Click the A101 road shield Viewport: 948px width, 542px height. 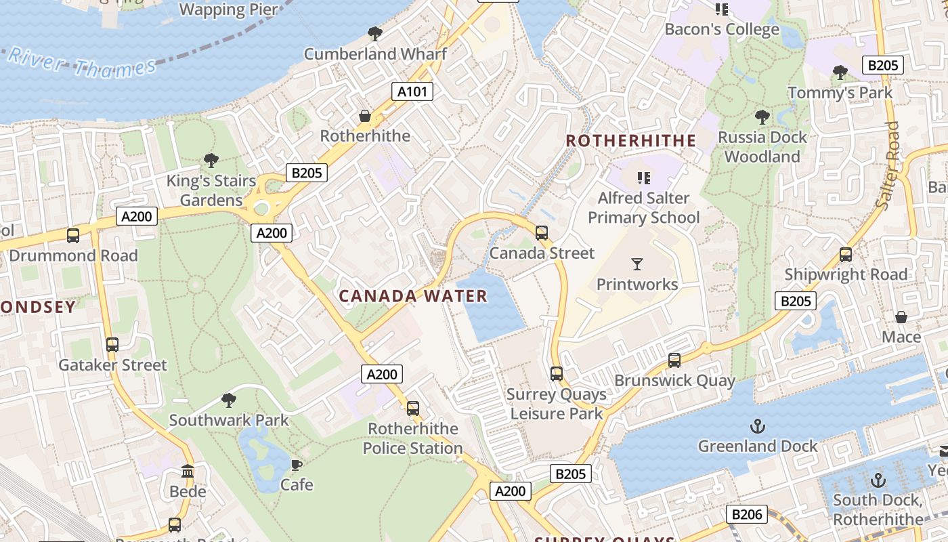412,91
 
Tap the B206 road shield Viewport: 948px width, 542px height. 747,514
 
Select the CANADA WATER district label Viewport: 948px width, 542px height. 413,296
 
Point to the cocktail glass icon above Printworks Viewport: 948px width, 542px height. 637,264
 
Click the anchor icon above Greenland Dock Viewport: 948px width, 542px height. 758,426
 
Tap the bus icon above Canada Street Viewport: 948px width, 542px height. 542,233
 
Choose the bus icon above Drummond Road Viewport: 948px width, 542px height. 73,236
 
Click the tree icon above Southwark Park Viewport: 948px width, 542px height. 229,400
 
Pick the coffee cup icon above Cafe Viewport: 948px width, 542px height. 297,465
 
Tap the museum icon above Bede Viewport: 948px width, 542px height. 188,471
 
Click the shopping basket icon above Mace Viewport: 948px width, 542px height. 901,317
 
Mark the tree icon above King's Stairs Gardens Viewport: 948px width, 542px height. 211,161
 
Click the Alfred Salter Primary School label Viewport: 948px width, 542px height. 643,208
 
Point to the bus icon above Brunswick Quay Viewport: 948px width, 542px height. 674,360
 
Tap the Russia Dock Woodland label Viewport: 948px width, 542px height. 762,147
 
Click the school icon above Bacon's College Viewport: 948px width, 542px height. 722,9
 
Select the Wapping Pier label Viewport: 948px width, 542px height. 229,9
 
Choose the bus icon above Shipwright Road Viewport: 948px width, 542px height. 846,255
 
